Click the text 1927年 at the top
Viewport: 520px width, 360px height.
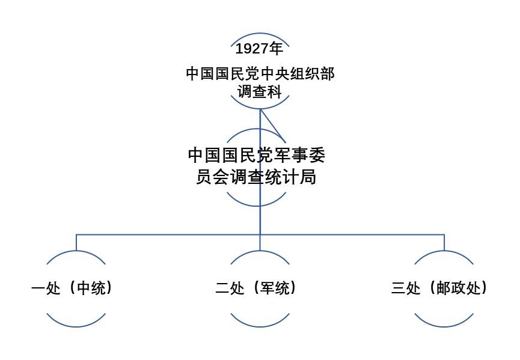click(260, 49)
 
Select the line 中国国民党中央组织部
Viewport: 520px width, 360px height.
click(260, 74)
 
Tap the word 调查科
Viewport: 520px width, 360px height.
click(260, 92)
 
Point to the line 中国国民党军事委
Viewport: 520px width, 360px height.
click(257, 155)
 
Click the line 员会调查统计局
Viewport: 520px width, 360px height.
click(257, 177)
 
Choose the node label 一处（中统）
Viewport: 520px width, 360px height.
click(72, 288)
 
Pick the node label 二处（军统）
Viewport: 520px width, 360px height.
click(256, 288)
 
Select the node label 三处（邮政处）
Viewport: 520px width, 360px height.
click(439, 288)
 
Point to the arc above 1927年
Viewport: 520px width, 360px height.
click(260, 37)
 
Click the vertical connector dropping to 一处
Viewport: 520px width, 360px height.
click(76, 242)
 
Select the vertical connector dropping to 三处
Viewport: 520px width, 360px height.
click(444, 242)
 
